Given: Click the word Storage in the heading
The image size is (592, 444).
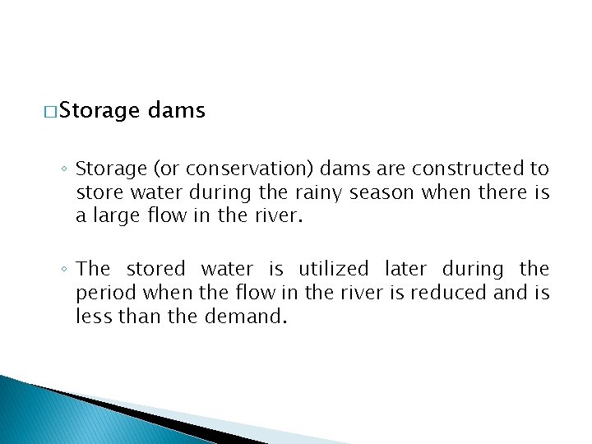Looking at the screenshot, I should tap(99, 111).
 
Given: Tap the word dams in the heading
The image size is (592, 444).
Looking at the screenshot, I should tap(177, 110).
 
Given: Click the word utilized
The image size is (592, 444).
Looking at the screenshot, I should tap(334, 269).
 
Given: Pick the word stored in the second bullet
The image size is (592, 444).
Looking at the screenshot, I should tap(156, 269).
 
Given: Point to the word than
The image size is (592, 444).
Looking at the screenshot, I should tap(139, 317).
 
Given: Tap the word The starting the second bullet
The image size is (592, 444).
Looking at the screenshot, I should tap(92, 269).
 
